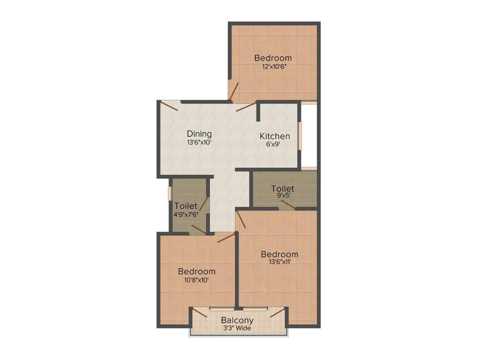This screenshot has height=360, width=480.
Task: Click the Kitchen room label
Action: [x=275, y=136]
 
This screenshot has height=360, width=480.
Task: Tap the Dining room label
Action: [x=199, y=134]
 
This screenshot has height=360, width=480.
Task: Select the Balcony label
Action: [x=237, y=321]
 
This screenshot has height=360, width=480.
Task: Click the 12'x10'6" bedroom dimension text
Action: [x=273, y=66]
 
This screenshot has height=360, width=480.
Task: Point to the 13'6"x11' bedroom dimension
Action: [x=279, y=262]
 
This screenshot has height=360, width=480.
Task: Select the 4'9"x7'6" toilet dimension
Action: [x=186, y=214]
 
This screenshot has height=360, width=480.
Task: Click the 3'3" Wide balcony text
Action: [x=237, y=328]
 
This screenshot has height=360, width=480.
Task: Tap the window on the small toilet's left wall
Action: [x=170, y=194]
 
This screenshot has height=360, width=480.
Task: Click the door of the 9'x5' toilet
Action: [x=288, y=205]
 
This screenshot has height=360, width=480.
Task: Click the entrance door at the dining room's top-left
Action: [x=170, y=106]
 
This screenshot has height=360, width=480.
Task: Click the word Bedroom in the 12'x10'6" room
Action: [x=273, y=58]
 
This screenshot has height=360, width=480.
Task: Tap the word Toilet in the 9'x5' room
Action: [x=283, y=188]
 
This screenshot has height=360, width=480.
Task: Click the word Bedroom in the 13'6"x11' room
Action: [x=279, y=254]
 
